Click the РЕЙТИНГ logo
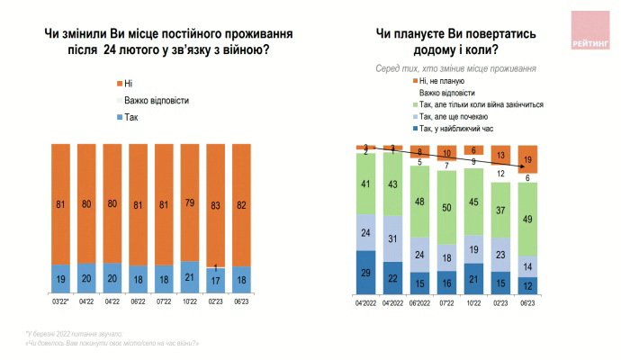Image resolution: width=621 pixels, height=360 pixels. click(x=589, y=30)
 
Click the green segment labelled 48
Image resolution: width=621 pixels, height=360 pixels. click(x=418, y=201)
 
